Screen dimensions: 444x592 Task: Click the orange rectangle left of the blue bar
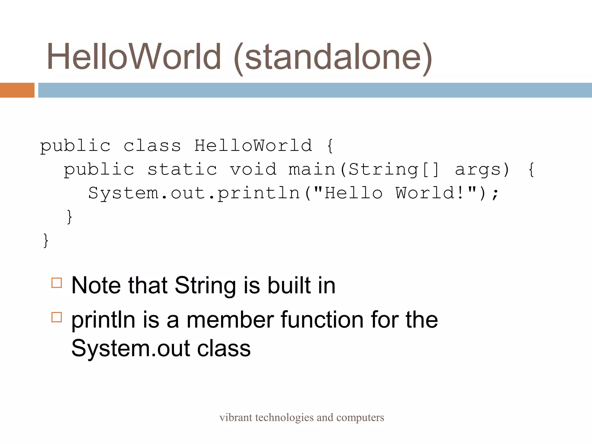click(17, 90)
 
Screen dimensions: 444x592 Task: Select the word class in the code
click(152, 145)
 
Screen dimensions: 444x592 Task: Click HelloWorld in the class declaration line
click(253, 145)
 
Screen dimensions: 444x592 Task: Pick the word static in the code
click(182, 169)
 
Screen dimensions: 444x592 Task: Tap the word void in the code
click(253, 169)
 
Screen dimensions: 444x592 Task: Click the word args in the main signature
click(478, 169)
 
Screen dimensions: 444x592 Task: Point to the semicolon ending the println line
click(495, 194)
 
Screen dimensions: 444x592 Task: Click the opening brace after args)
click(531, 169)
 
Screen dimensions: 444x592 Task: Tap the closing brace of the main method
click(69, 217)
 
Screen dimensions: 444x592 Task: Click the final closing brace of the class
click(46, 240)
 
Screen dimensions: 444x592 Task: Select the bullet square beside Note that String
click(57, 283)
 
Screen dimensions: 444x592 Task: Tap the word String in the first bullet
click(205, 286)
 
